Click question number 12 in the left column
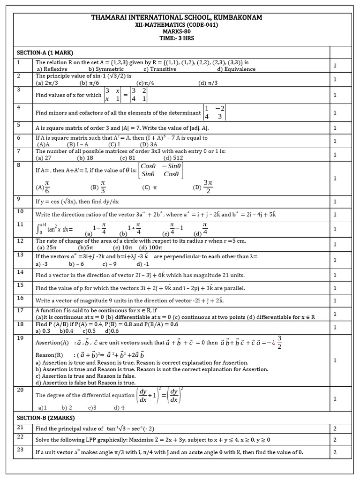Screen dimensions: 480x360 coord(20,240)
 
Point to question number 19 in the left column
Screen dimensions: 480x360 coord(20,337)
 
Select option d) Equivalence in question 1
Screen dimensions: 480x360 coord(236,69)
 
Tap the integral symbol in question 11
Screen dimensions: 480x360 coord(38,229)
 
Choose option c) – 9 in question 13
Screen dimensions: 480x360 coord(106,264)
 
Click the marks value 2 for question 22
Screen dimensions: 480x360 coord(335,440)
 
